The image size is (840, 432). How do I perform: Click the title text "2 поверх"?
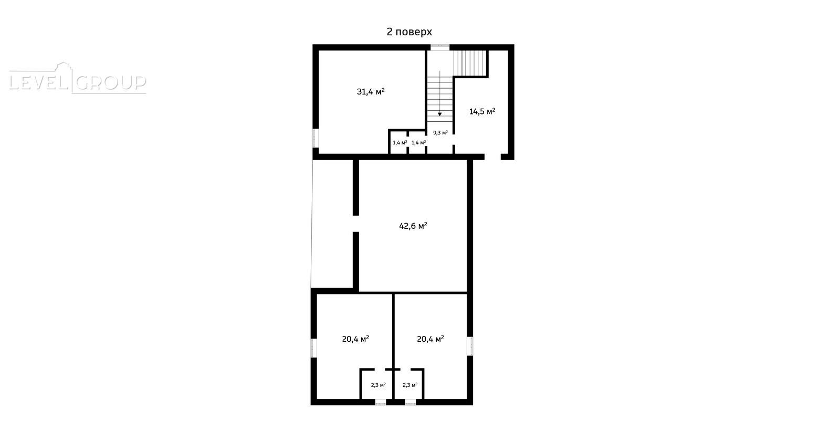click(409, 32)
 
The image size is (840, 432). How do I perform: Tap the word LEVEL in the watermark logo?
click(38, 82)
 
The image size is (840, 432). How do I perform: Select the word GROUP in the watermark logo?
click(111, 83)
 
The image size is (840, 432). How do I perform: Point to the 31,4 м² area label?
click(371, 91)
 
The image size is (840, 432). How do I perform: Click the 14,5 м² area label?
click(482, 111)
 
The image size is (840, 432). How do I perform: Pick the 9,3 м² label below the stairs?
click(440, 133)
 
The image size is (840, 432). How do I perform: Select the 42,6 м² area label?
click(413, 226)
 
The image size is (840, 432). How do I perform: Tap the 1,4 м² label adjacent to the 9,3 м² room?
click(418, 142)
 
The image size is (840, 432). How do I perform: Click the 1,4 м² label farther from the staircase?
click(400, 142)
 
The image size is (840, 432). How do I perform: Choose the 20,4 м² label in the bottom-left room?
click(355, 339)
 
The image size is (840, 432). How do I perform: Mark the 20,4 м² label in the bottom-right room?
click(430, 339)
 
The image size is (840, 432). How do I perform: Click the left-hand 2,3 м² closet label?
click(379, 385)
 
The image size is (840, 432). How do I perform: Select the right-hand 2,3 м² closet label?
click(410, 385)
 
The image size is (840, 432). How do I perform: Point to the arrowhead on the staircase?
click(440, 114)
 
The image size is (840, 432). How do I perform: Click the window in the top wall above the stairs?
click(440, 47)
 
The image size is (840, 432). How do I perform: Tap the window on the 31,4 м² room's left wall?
click(316, 139)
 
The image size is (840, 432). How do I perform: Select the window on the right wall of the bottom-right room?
click(470, 346)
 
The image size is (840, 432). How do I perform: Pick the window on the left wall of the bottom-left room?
click(314, 349)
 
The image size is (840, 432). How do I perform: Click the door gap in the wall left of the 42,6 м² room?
click(356, 224)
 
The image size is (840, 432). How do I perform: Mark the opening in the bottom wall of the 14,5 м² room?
click(493, 157)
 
